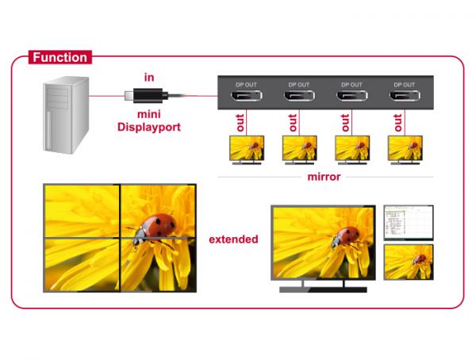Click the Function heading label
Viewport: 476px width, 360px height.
point(60,57)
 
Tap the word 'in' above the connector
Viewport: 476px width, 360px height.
point(149,78)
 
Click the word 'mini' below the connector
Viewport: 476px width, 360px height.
point(149,114)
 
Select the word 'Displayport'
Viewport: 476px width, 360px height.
point(149,127)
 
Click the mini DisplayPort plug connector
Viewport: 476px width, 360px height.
point(146,96)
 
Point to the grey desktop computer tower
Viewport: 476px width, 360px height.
point(66,115)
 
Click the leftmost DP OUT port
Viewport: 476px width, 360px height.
point(247,96)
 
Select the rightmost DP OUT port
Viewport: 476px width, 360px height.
point(405,96)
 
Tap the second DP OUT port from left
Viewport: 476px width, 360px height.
point(299,96)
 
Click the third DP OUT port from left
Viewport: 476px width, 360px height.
point(352,96)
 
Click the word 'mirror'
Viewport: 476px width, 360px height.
point(324,177)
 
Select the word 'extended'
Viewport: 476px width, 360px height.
point(233,239)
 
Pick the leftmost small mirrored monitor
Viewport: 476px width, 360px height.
point(247,150)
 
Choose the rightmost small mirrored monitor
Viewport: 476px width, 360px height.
point(405,150)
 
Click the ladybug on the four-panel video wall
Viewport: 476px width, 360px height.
point(153,229)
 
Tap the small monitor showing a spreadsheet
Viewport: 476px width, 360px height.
point(409,223)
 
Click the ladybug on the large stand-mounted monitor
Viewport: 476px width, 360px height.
point(345,238)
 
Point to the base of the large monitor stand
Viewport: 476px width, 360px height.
point(324,289)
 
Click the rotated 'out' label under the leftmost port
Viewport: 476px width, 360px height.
point(240,123)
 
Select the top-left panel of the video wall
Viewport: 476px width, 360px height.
point(82,211)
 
